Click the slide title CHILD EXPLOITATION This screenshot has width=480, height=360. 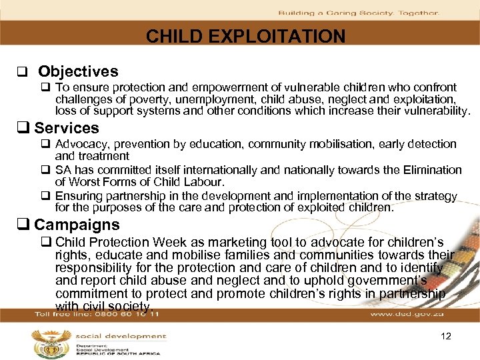coord(245,36)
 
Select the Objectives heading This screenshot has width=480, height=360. coord(78,71)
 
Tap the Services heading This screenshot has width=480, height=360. coord(66,128)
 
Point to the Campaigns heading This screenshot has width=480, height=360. coord(77,225)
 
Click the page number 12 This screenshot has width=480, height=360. coord(446,337)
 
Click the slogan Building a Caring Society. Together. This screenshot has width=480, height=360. coord(358,13)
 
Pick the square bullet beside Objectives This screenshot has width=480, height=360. coord(21,72)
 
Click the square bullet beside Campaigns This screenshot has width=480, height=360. coord(27,225)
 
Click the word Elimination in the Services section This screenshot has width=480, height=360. coord(432,170)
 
